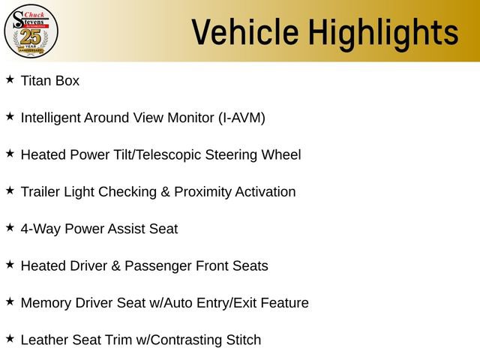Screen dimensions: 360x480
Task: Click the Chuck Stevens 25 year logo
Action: pos(31,30)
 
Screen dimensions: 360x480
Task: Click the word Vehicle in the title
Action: pos(244,32)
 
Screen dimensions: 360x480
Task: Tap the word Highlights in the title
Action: pos(384,32)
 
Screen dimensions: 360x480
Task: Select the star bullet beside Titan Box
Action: pos(10,79)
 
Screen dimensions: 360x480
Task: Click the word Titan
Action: pos(35,81)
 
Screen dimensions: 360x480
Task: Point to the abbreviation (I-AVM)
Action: pos(241,118)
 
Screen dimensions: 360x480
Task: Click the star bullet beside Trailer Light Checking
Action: pos(10,190)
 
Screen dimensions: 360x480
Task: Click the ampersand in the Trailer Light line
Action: pos(165,192)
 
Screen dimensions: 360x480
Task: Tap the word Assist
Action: pos(131,229)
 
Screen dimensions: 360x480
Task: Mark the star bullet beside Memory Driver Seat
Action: pos(10,301)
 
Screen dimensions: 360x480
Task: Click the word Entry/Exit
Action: pos(229,303)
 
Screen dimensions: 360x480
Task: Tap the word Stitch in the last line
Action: pos(244,340)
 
